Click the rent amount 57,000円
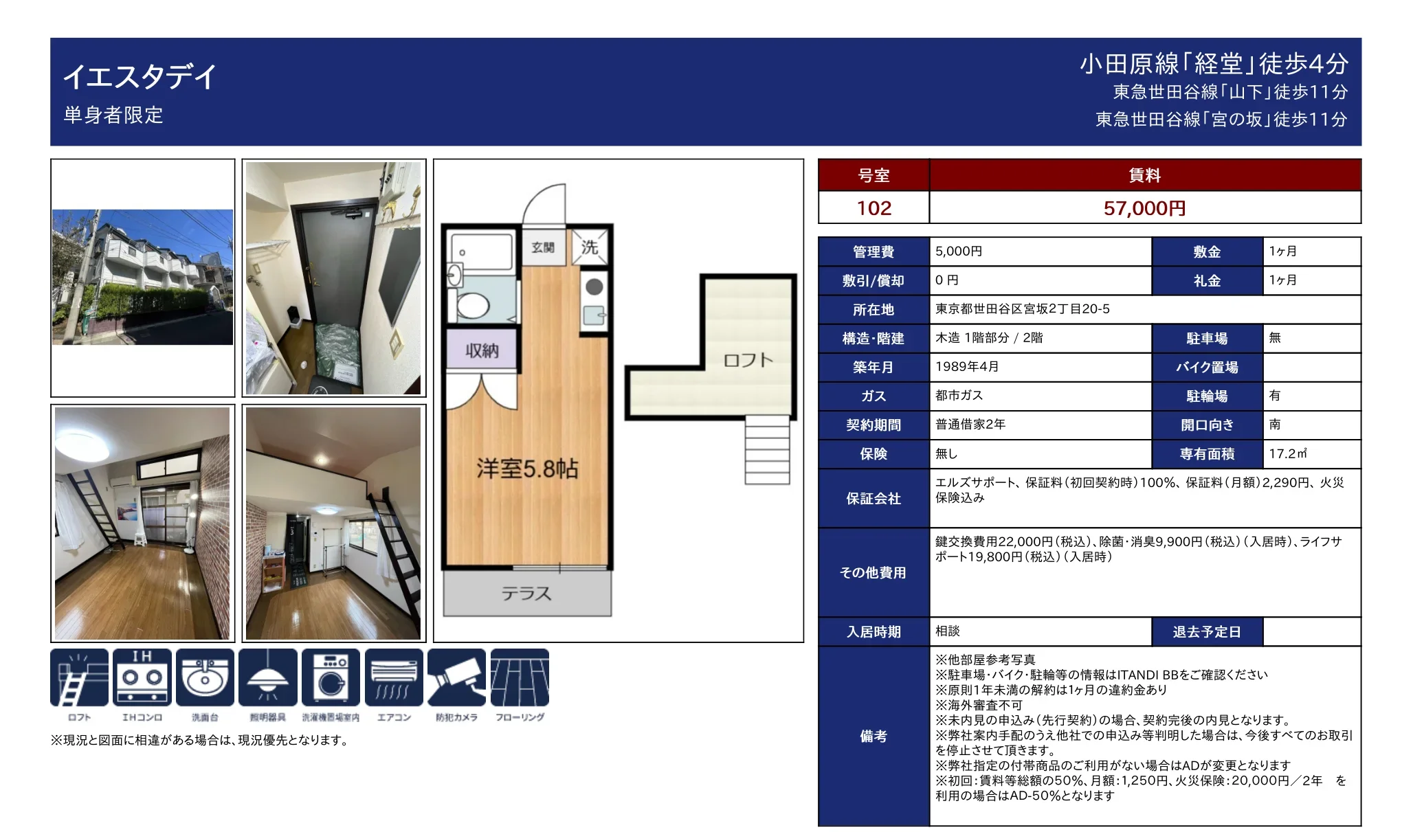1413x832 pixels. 1144,208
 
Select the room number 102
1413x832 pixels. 874,208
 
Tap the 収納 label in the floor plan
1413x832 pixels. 482,350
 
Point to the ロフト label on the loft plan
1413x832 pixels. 748,360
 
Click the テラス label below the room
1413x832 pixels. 526,594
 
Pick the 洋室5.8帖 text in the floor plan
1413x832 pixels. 527,469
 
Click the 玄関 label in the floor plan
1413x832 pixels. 543,247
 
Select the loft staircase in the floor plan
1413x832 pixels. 768,450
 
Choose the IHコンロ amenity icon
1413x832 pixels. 142,677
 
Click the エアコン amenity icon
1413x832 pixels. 394,677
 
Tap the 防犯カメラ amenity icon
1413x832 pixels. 456,677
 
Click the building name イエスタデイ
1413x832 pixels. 140,76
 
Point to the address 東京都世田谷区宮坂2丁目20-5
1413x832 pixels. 1023,309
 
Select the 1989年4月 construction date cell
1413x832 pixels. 967,367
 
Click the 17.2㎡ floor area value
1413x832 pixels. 1288,453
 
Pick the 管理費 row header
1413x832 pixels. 874,251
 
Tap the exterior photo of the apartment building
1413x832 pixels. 143,277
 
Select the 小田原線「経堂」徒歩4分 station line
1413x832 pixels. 1214,64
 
